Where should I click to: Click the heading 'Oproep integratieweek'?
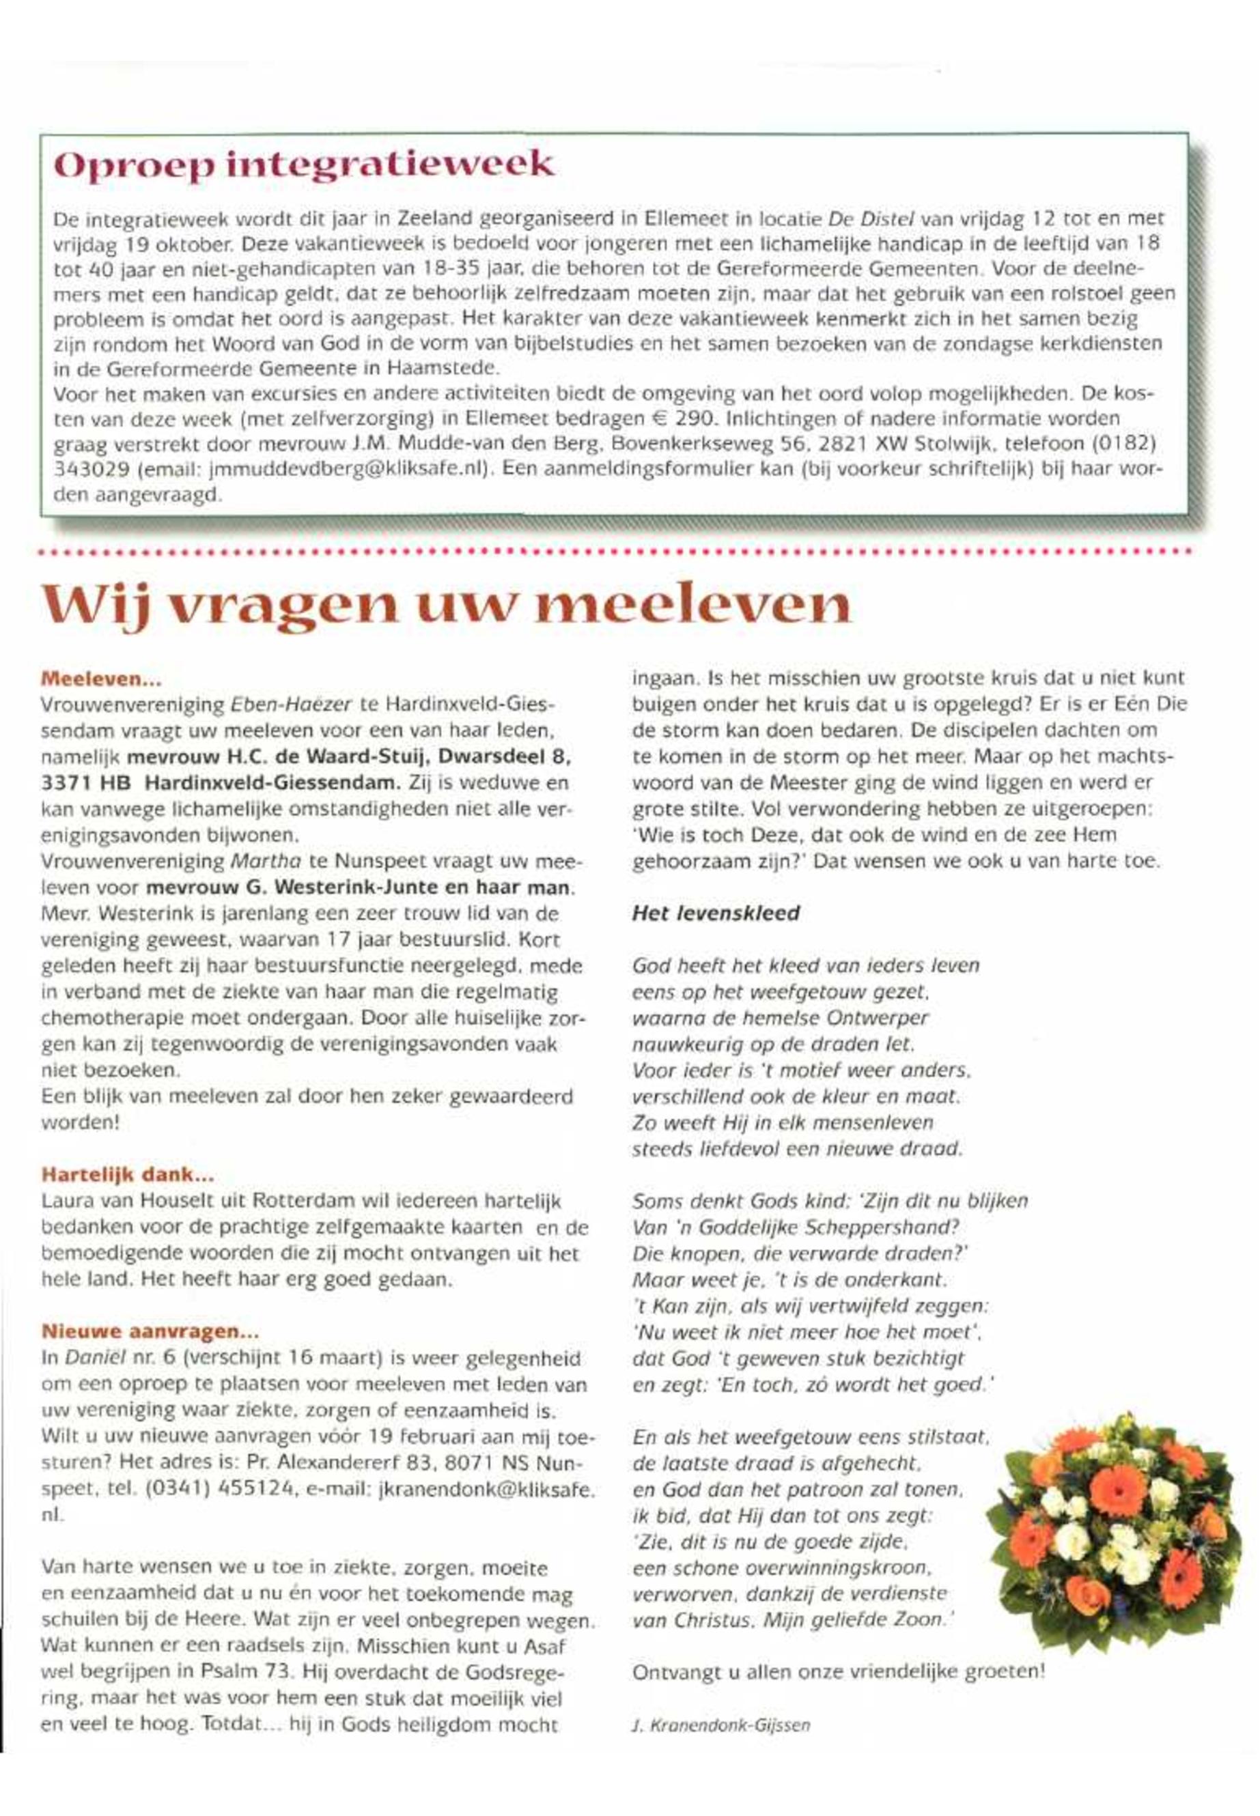pos(303,166)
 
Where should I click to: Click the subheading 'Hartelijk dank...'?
pos(128,1174)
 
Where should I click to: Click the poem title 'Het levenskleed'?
pos(716,913)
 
